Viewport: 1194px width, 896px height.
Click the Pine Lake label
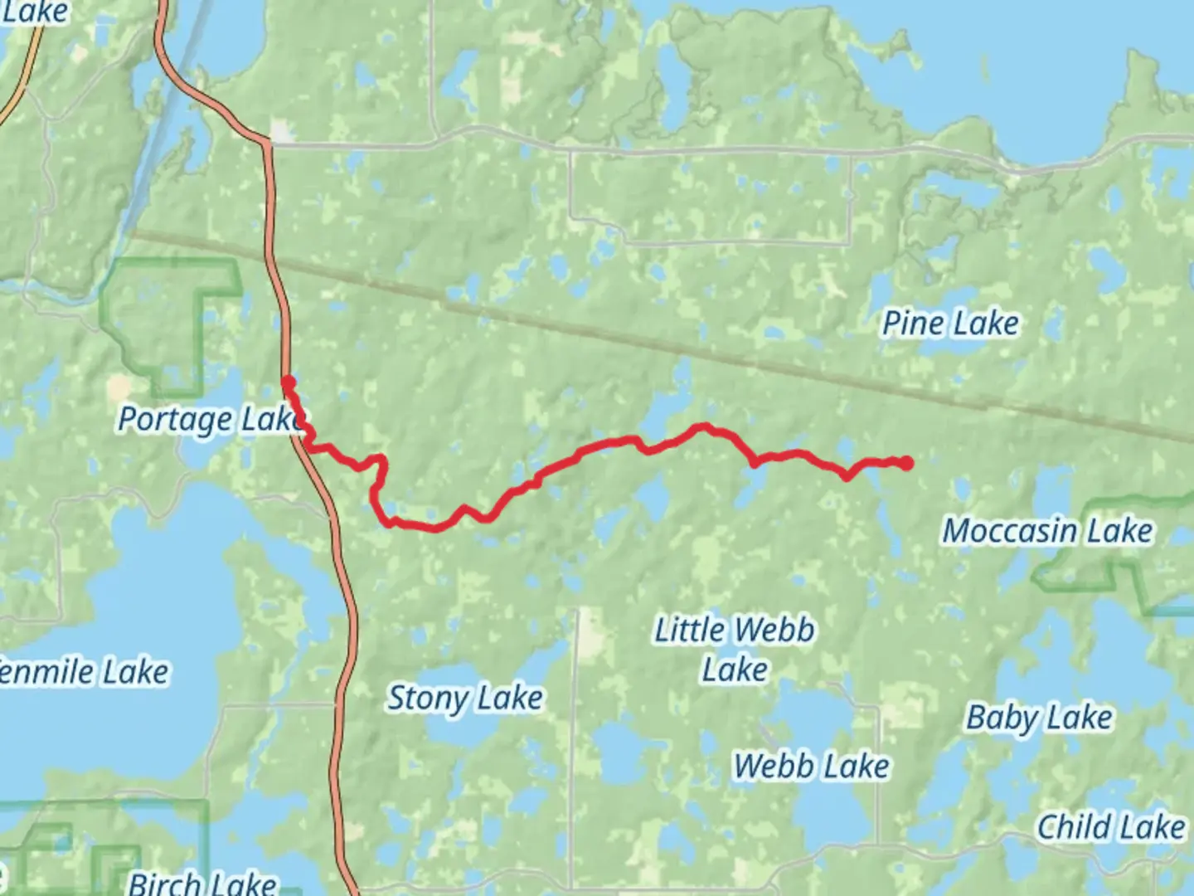[950, 324]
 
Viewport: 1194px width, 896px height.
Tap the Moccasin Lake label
[1047, 531]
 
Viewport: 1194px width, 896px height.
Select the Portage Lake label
[211, 420]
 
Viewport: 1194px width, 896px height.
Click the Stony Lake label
[465, 699]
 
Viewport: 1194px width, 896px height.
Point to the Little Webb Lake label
[735, 650]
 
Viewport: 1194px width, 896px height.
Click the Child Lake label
[1111, 827]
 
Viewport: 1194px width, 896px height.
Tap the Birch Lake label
[202, 883]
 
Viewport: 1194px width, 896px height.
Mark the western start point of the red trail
[288, 382]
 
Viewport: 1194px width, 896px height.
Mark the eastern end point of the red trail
[906, 463]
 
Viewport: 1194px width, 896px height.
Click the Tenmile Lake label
[83, 672]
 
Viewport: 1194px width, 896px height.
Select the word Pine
[912, 324]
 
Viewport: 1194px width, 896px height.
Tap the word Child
[1073, 827]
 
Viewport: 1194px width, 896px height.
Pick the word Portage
[175, 420]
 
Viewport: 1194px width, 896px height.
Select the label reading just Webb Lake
[811, 767]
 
